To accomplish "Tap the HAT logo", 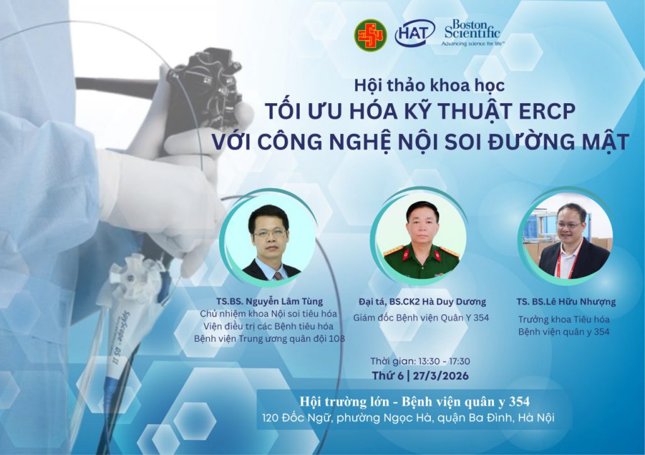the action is click(x=414, y=33).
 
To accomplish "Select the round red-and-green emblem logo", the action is click(x=370, y=35).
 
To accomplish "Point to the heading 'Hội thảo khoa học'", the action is click(x=429, y=86).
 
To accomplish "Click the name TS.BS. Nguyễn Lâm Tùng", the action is click(x=270, y=301).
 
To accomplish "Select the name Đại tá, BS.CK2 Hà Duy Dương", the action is click(x=422, y=301).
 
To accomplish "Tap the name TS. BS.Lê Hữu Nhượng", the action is click(x=566, y=301).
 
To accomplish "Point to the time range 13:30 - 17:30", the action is click(x=444, y=361).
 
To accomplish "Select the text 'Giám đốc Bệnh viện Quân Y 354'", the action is click(x=421, y=317).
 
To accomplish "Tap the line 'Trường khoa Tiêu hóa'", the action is click(x=564, y=319).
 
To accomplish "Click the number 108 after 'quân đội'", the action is click(x=337, y=339).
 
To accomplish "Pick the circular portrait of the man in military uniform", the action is click(x=419, y=239).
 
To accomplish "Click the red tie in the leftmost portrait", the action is click(x=278, y=274).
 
